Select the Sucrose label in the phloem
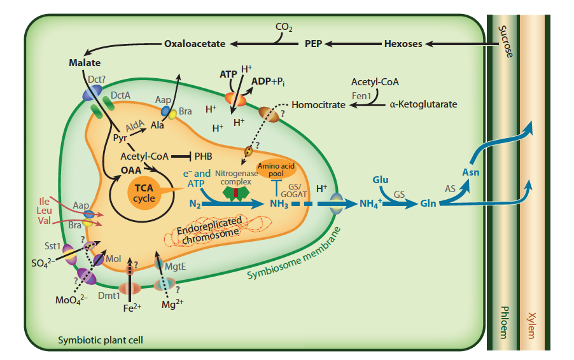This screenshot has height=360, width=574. pyautogui.click(x=505, y=41)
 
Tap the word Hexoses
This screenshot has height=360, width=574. pyautogui.click(x=403, y=44)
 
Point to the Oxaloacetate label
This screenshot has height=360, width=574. pyautogui.click(x=195, y=44)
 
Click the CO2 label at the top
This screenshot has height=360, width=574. pyautogui.click(x=284, y=27)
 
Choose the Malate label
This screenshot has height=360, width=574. pyautogui.click(x=85, y=64)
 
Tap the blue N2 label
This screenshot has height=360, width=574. pyautogui.click(x=196, y=204)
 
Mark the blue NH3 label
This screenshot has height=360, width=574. pyautogui.click(x=279, y=204)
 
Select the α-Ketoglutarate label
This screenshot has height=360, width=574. pyautogui.click(x=423, y=104)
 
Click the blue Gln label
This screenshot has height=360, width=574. pyautogui.click(x=429, y=204)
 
